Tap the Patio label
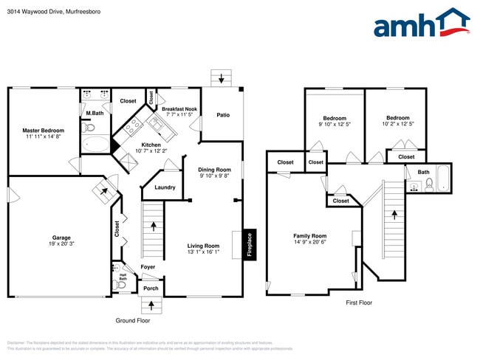(x=223, y=115)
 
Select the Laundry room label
(x=165, y=187)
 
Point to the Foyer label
(x=148, y=266)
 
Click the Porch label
(x=150, y=288)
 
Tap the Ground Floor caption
(x=133, y=321)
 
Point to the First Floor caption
(x=359, y=302)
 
